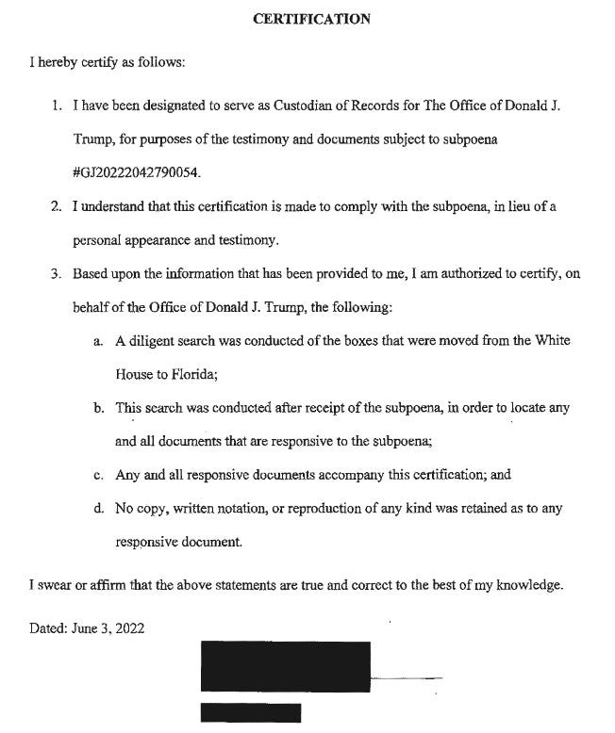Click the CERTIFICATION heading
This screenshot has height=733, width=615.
coord(311,19)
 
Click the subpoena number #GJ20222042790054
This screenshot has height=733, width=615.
coord(137,173)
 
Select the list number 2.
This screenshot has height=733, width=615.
coord(57,206)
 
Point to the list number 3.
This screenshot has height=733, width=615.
coord(57,274)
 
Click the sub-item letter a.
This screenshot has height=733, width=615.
coord(97,341)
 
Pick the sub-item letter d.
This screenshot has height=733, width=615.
coord(98,508)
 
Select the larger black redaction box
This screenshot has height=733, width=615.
coord(285,666)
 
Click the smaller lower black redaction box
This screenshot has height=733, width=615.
coord(251,713)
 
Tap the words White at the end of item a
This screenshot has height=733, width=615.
coord(551,341)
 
